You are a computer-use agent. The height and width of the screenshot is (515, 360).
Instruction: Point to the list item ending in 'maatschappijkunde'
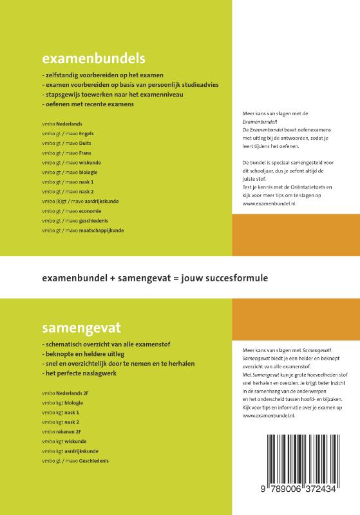click(x=82, y=230)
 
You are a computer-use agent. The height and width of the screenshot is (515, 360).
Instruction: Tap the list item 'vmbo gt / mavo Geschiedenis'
click(x=75, y=461)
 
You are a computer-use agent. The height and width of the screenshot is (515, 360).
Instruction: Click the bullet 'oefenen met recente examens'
click(x=88, y=104)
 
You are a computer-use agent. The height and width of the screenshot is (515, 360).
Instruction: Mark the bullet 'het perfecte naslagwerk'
click(x=81, y=373)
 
